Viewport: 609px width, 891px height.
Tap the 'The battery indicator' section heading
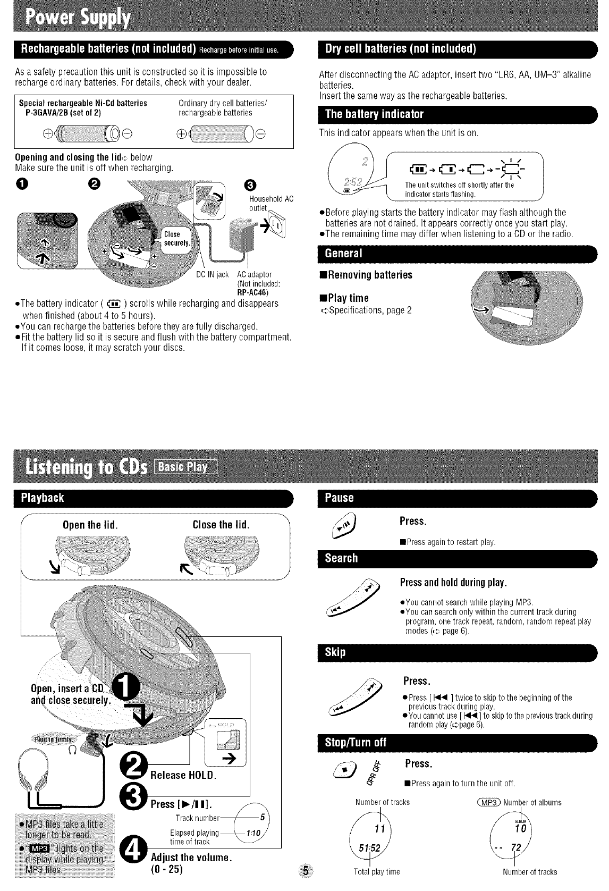pos(374,114)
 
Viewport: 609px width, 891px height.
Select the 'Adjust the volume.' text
pos(190,858)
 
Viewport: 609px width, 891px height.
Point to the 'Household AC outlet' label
pos(270,203)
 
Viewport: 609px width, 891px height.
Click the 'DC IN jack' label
pos(213,274)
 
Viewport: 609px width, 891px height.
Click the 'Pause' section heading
pos(339,498)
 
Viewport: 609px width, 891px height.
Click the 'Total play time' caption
pos(377,871)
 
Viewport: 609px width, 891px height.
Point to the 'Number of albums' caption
pos(532,802)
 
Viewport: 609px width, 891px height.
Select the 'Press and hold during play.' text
pos(453,582)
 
